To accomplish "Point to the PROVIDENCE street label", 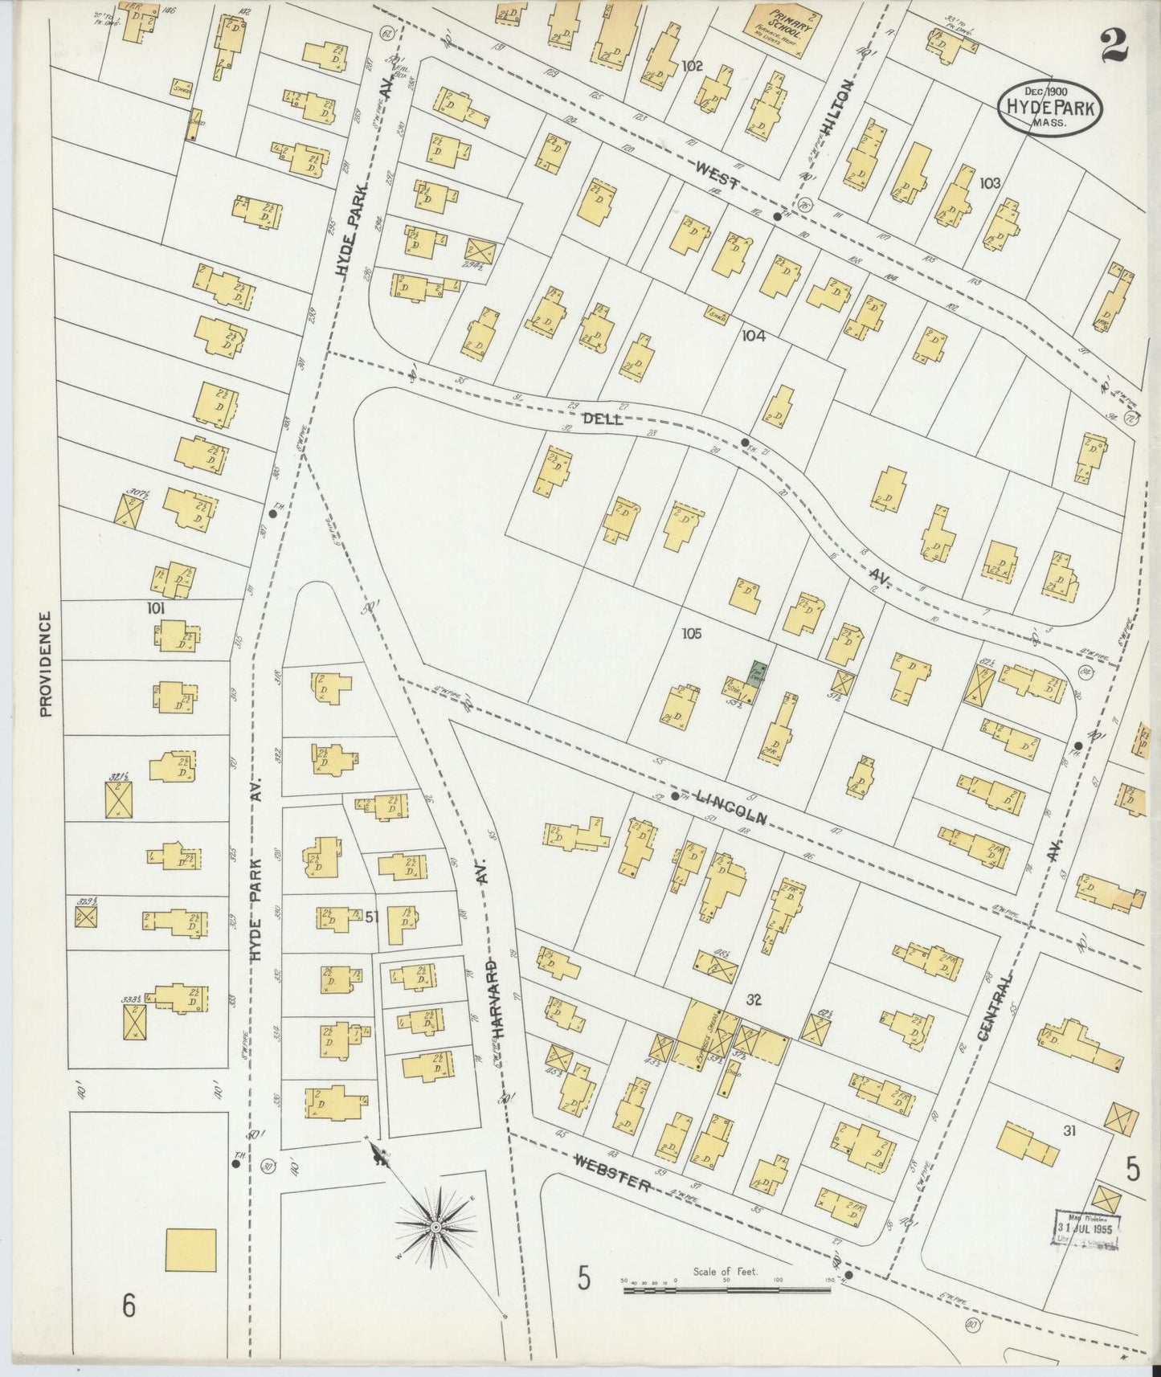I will [46, 664].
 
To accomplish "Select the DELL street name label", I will [602, 419].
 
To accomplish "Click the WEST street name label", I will [719, 175].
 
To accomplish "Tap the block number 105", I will [691, 634].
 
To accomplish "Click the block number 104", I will [754, 337].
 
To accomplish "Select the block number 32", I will [753, 1000].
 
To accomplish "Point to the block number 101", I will [156, 608].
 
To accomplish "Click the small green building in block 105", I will [756, 672].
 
